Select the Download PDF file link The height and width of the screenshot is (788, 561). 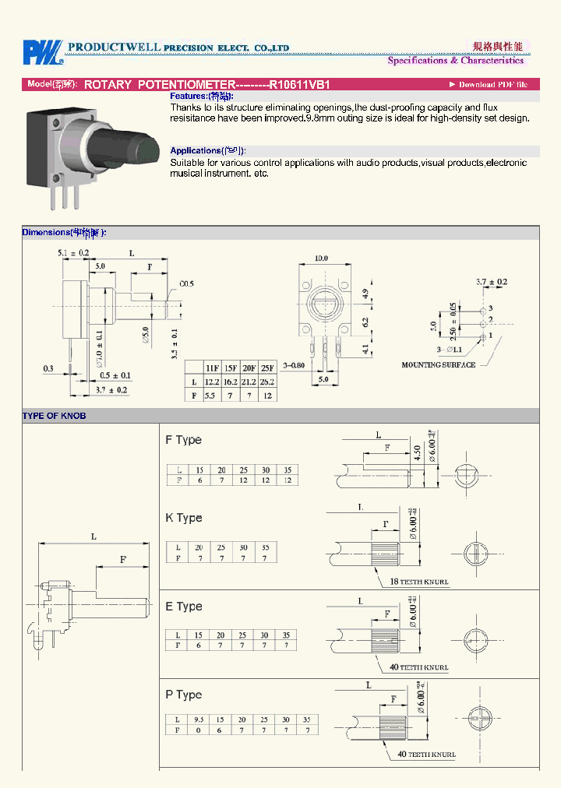pyautogui.click(x=489, y=84)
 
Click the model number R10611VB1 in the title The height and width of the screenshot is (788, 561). pyautogui.click(x=300, y=84)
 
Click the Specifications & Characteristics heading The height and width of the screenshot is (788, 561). pyautogui.click(x=455, y=61)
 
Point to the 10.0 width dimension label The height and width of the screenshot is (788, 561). pyautogui.click(x=321, y=258)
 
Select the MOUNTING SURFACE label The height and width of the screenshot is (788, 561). pyautogui.click(x=438, y=364)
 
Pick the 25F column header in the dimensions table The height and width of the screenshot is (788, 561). pyautogui.click(x=266, y=367)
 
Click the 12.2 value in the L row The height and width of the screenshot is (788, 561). pyautogui.click(x=211, y=382)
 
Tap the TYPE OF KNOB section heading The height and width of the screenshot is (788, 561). pyautogui.click(x=54, y=416)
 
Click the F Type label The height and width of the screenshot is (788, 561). pyautogui.click(x=183, y=440)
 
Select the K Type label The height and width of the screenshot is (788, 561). pyautogui.click(x=183, y=518)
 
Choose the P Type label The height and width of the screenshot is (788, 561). pyautogui.click(x=183, y=695)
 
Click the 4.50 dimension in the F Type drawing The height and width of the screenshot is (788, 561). pyautogui.click(x=418, y=452)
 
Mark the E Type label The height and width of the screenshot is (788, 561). pyautogui.click(x=183, y=607)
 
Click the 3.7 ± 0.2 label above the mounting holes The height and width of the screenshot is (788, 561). pyautogui.click(x=492, y=281)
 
